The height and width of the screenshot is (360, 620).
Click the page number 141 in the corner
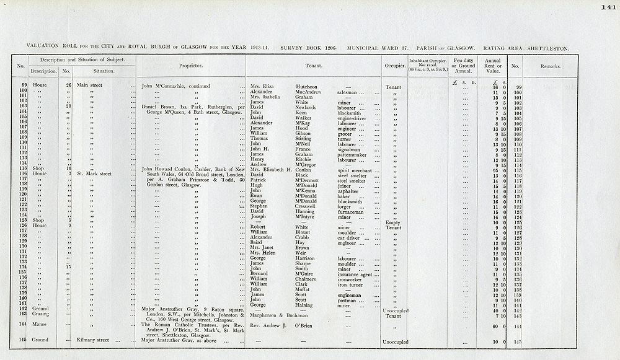click(607, 7)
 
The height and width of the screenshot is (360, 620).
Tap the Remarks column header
click(551, 65)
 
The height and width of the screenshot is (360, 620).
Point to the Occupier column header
click(392, 65)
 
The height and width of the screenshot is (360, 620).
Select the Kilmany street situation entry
click(92, 340)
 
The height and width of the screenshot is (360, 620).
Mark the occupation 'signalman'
click(350, 149)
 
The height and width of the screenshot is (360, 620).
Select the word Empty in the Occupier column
click(392, 222)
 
